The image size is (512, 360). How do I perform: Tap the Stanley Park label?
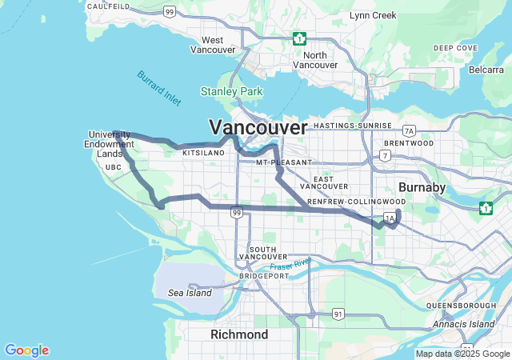pos(231,92)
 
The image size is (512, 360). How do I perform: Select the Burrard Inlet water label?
pos(158,88)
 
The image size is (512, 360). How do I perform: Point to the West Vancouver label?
pos(213,45)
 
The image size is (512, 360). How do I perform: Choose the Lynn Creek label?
pos(373,15)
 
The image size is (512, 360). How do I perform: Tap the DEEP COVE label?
pos(455,48)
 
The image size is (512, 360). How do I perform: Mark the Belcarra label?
pos(486,70)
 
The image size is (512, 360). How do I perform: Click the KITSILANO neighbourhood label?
pos(203,152)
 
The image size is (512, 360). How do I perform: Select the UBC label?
pos(113,166)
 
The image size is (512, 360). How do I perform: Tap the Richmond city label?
pos(239,334)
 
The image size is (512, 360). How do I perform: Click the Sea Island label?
pos(190,294)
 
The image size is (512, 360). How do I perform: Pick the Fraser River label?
pos(290,265)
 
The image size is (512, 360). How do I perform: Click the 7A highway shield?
pos(410,130)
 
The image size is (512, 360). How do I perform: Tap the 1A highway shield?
pos(390,218)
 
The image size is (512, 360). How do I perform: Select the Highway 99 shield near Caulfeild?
pos(169,11)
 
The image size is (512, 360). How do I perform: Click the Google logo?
pos(26,350)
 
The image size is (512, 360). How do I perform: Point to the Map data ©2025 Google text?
pos(462,354)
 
